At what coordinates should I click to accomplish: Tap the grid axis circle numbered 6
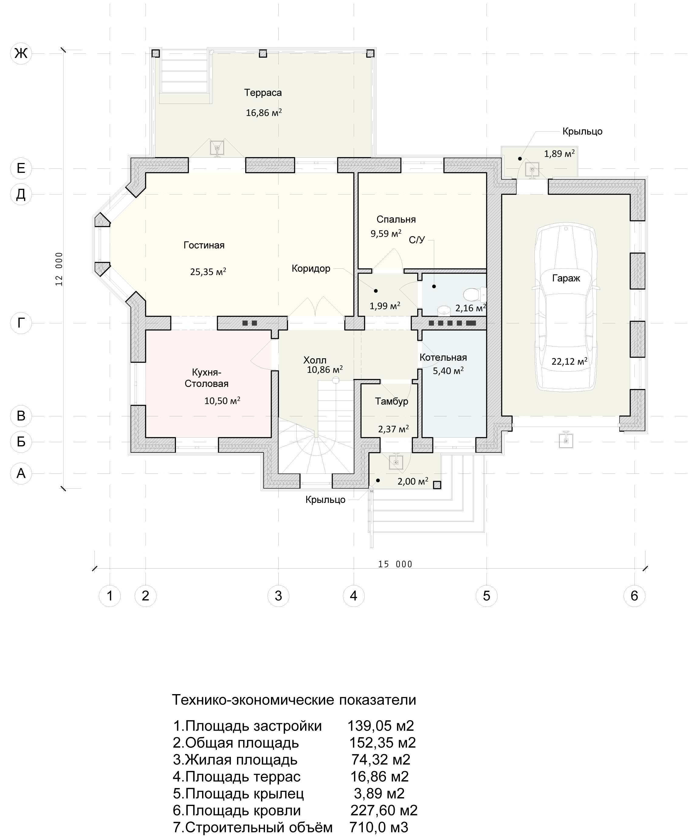coord(634,596)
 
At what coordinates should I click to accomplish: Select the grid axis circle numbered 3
coord(278,596)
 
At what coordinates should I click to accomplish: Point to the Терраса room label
coord(263,93)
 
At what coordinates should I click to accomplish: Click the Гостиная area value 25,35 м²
coord(208,272)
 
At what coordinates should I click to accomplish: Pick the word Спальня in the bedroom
coord(396,219)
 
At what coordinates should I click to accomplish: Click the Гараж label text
coord(566,278)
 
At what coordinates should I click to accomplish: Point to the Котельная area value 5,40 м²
coord(448,371)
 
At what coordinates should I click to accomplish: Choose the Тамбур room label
coord(392,401)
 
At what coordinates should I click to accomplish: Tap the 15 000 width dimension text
coord(395,564)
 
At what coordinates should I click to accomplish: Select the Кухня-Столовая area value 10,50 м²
coord(222,401)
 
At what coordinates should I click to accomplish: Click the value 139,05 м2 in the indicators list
coord(381,726)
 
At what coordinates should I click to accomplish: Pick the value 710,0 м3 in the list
coord(379,827)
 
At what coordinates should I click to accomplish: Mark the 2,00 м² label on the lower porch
coord(413,481)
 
